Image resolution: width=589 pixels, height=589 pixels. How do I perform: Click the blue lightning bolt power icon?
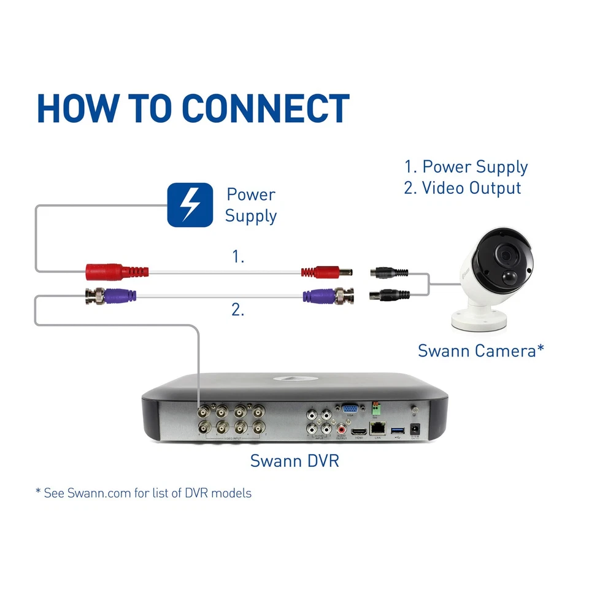coord(190,205)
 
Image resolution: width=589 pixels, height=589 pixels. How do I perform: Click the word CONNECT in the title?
coord(266,109)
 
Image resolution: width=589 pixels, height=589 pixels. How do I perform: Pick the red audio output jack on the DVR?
coord(341,431)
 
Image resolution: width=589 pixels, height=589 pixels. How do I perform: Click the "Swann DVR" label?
coord(294,461)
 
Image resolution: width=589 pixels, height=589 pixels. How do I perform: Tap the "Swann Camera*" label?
coord(481,351)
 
